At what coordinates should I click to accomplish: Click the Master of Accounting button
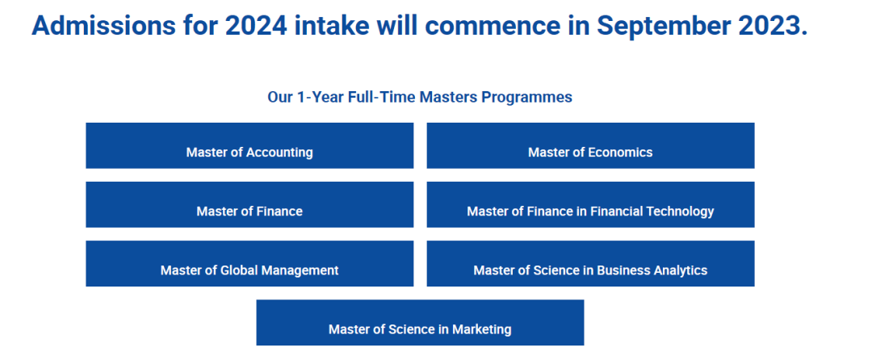click(249, 145)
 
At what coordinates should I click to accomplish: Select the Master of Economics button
click(590, 145)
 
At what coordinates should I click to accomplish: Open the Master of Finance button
click(249, 204)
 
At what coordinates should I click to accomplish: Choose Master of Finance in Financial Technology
click(590, 204)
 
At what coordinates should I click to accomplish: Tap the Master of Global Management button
click(249, 263)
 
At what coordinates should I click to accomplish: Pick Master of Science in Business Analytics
click(590, 263)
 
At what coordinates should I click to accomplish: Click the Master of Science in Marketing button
click(420, 322)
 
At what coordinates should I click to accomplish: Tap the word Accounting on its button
click(279, 153)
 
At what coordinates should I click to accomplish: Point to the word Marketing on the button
click(481, 329)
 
